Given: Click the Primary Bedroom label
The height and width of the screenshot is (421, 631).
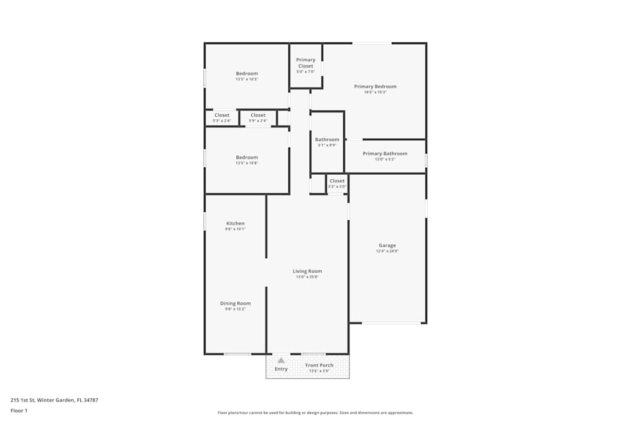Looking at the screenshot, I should click(x=375, y=86).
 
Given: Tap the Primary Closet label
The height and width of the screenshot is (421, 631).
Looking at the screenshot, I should click(x=305, y=62).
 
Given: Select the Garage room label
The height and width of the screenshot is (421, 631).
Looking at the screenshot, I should click(x=387, y=246).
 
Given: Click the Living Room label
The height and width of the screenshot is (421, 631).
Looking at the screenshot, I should click(x=307, y=271).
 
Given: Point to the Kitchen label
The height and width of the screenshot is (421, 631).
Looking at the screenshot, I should click(x=235, y=223).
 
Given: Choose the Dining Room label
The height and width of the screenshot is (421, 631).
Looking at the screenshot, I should click(x=235, y=304).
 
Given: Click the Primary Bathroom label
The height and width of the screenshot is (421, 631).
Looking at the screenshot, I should click(x=385, y=153).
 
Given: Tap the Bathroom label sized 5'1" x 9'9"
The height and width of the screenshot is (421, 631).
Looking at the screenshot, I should click(x=327, y=139).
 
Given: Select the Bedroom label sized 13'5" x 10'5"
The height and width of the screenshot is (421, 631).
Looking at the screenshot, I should click(x=247, y=74).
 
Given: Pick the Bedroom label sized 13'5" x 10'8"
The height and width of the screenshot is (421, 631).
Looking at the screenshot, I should click(x=247, y=157).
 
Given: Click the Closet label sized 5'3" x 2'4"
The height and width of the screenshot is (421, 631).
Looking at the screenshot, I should click(x=221, y=116).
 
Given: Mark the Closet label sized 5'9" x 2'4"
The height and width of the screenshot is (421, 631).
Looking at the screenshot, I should click(x=257, y=116).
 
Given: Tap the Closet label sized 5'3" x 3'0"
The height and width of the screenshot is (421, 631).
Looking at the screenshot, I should click(x=337, y=181).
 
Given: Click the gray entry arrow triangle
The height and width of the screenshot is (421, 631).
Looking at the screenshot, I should click(x=281, y=360).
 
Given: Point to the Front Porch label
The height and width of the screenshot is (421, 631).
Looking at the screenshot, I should click(x=319, y=365).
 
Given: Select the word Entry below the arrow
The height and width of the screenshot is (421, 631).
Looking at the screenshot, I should click(x=281, y=369).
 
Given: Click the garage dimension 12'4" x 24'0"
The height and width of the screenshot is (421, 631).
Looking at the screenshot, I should click(x=387, y=251).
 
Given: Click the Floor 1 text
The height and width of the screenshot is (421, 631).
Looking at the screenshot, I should click(x=19, y=410).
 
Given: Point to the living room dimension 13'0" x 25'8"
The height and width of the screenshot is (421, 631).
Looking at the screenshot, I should click(x=307, y=277).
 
